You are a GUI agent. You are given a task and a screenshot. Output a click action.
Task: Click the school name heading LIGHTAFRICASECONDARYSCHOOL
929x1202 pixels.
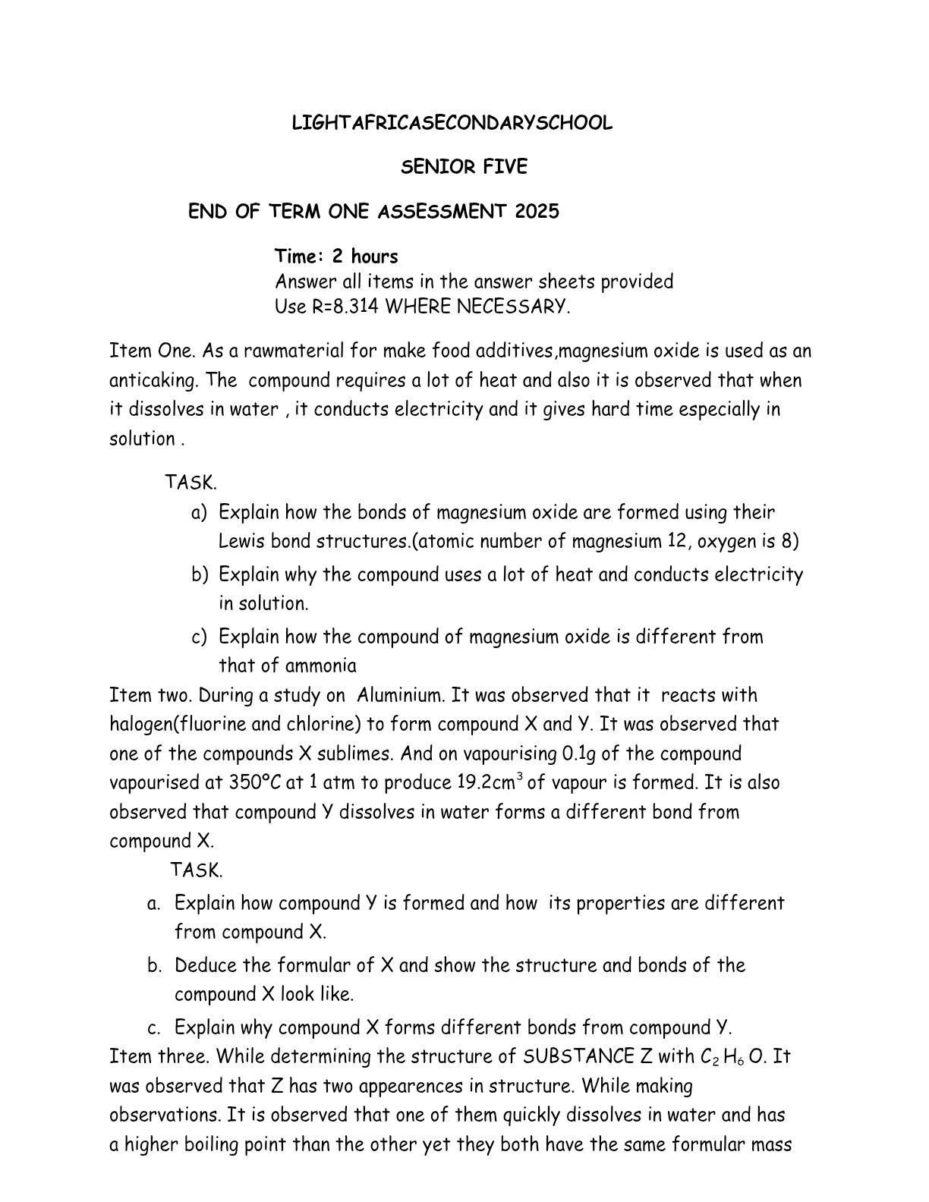click(452, 124)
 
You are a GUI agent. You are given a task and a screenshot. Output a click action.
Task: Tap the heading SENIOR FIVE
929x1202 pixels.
click(463, 167)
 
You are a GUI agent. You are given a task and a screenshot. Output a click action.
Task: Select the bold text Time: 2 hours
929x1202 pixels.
click(336, 256)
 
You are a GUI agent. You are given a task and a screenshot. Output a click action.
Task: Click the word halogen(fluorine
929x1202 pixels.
click(178, 724)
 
